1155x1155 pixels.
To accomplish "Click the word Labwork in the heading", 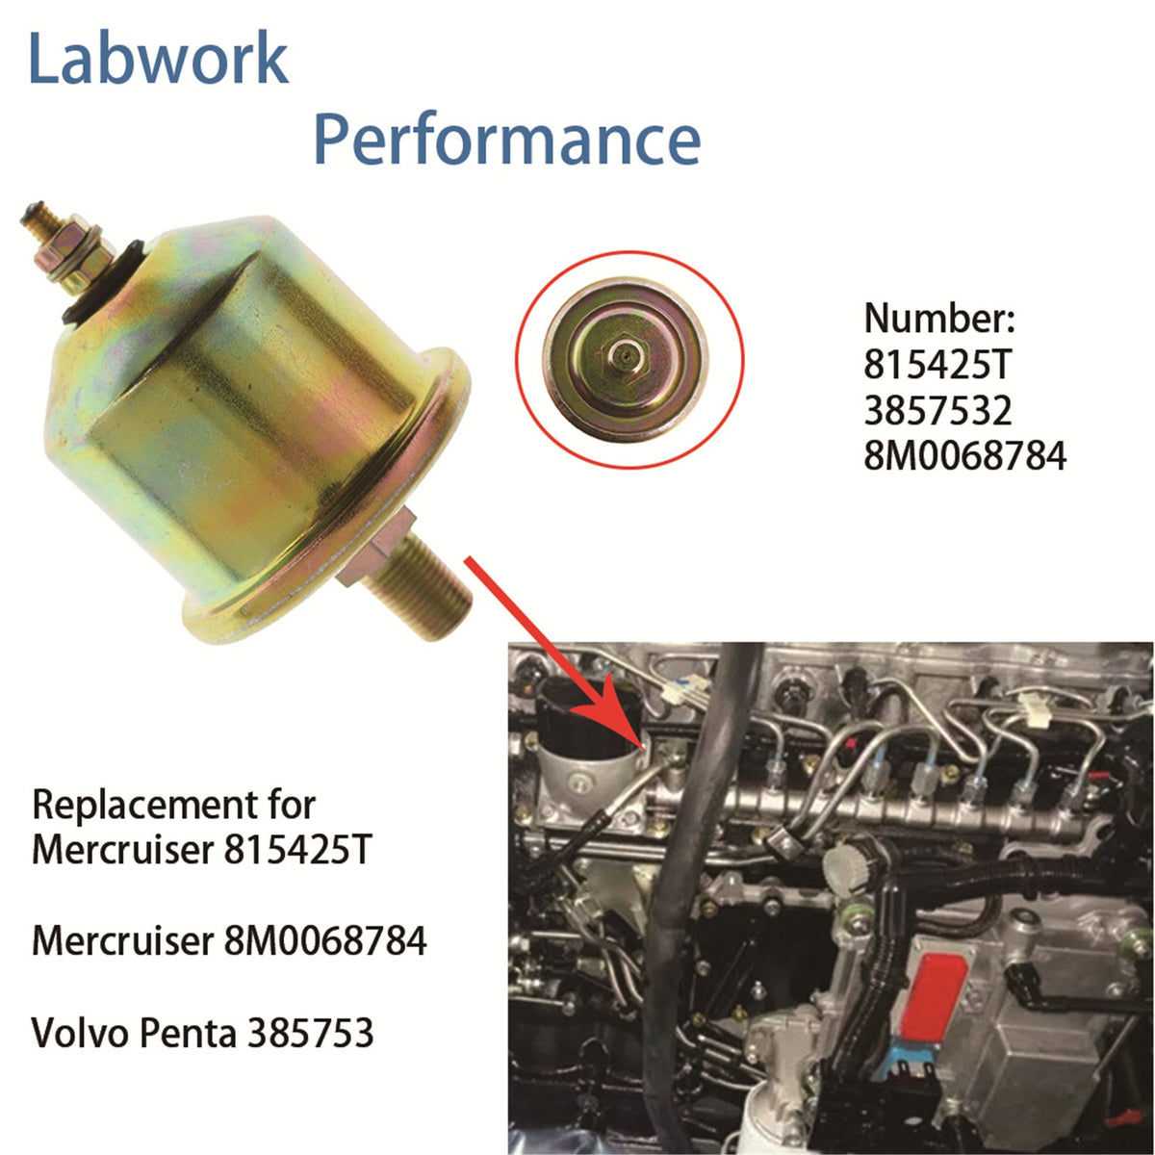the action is [158, 60].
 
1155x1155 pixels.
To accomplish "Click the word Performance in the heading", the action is [506, 140].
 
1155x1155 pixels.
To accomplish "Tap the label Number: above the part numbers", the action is [939, 319].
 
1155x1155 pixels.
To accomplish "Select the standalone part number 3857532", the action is [937, 410].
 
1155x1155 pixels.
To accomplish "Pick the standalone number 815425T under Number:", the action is [937, 364].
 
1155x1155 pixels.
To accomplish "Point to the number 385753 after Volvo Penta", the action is [311, 1033].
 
